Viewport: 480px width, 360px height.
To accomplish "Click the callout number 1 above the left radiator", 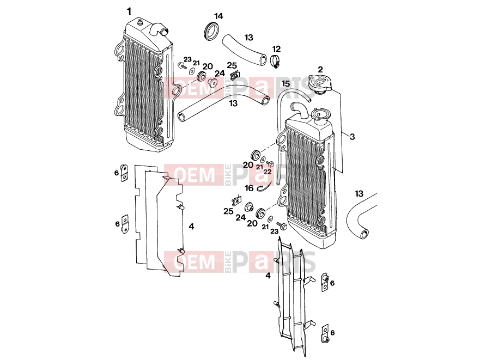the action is (129, 11).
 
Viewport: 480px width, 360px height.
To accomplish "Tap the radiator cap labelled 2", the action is (320, 83).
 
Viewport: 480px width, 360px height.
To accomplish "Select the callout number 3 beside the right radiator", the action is (352, 137).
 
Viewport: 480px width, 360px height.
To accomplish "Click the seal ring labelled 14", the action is (211, 30).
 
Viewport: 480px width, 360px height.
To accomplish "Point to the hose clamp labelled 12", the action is (276, 61).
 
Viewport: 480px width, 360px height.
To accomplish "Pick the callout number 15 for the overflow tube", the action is (285, 84).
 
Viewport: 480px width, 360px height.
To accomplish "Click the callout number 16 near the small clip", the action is (249, 188).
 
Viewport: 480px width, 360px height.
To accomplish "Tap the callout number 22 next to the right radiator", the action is (268, 172).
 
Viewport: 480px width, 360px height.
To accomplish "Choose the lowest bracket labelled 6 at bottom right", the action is (325, 334).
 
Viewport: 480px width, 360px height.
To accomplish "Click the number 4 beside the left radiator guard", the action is (191, 227).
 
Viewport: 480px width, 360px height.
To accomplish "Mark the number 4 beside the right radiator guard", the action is (268, 276).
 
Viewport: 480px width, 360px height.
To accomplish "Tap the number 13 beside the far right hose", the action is (359, 193).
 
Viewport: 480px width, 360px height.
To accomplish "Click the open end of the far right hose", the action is (364, 234).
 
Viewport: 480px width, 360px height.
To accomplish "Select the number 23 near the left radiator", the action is (187, 59).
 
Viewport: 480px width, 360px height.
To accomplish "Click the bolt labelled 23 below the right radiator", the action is (282, 226).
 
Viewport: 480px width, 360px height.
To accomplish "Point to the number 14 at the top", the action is (218, 16).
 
